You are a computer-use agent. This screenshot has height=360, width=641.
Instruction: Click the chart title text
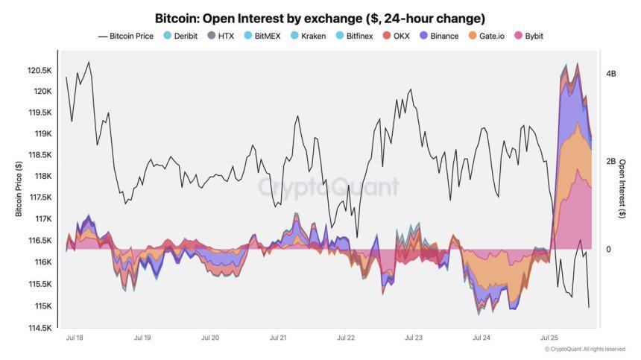click(320, 17)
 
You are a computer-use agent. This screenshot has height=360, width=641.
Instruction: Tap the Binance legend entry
click(440, 36)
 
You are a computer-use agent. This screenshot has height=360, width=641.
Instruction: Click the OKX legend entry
click(397, 36)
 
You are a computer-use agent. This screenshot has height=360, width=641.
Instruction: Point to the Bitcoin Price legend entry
click(125, 36)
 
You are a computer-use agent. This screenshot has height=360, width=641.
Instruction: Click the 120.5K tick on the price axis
click(40, 70)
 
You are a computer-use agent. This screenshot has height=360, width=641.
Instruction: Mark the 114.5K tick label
click(40, 328)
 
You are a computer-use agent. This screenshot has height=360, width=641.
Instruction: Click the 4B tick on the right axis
click(611, 74)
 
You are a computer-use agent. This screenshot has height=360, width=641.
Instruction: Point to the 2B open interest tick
click(611, 162)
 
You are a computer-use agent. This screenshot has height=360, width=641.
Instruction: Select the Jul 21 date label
click(278, 338)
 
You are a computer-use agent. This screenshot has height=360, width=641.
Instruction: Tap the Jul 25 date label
click(549, 338)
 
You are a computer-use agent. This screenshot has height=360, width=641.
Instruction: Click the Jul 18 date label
click(75, 338)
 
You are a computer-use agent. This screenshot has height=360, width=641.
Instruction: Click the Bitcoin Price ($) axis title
click(19, 189)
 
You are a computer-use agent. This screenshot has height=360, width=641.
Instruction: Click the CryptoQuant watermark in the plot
click(329, 187)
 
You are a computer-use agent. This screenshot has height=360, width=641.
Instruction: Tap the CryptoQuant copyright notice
click(584, 349)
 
